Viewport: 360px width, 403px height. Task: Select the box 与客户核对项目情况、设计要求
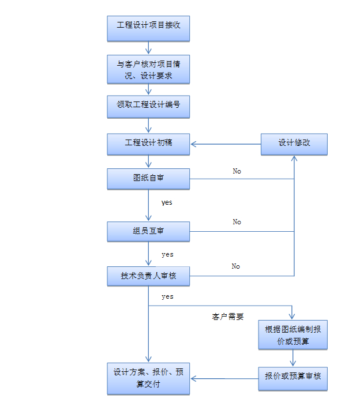(x=148, y=69)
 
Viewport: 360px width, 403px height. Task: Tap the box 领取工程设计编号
(x=148, y=106)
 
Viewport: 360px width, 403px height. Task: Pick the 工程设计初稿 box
(x=148, y=144)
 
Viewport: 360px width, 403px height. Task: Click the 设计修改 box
(x=294, y=144)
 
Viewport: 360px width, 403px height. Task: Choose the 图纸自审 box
(x=148, y=179)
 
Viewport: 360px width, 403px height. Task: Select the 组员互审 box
(x=148, y=231)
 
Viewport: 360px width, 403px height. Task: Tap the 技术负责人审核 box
(x=148, y=276)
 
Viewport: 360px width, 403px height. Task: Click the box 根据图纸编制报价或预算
(x=294, y=335)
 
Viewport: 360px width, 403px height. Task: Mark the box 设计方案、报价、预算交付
(x=148, y=378)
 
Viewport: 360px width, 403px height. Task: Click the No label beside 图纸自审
(x=237, y=171)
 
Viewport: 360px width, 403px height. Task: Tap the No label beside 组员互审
(x=237, y=222)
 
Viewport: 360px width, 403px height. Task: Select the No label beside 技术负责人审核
(x=235, y=266)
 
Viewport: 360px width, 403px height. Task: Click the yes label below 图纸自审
(x=167, y=203)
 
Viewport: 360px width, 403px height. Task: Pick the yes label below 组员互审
(x=167, y=254)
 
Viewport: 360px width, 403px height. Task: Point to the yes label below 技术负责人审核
(x=167, y=296)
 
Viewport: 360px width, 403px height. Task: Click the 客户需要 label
(x=228, y=317)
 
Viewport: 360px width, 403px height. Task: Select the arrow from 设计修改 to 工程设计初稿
(x=226, y=144)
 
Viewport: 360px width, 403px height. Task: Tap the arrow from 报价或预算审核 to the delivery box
(x=224, y=379)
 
